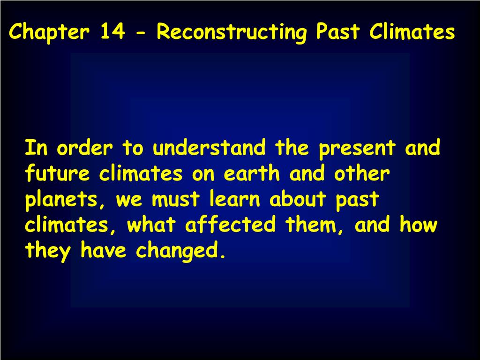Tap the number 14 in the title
point(112,32)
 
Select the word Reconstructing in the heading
point(232,32)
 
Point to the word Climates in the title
point(412,32)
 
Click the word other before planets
point(362,174)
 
